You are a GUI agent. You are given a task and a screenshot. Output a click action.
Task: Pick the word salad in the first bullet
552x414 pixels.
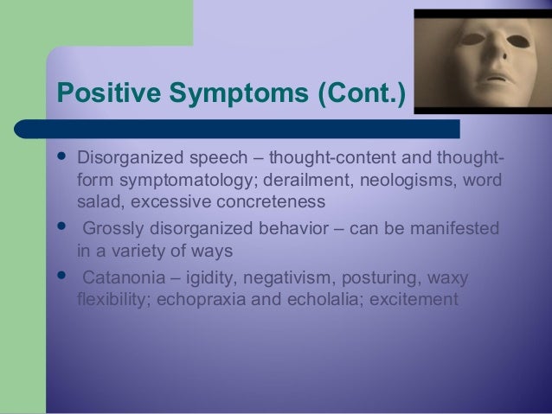pos(97,201)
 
